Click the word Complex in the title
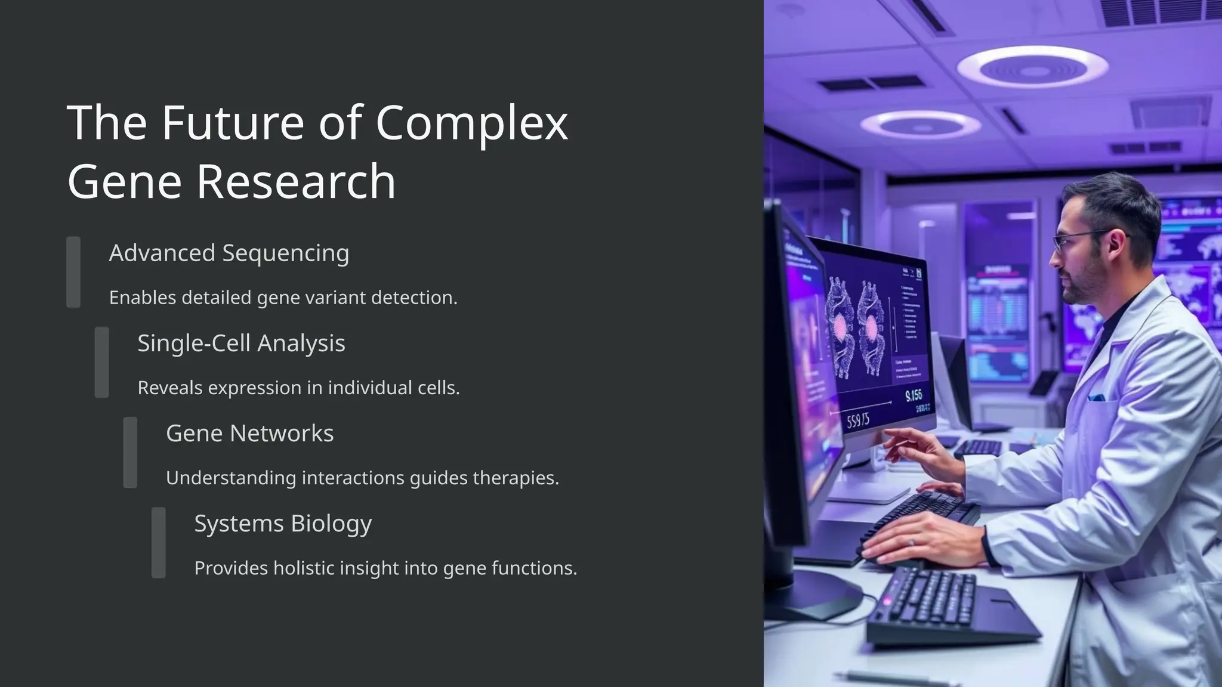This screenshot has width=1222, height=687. tap(471, 123)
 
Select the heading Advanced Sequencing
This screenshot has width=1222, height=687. tap(229, 253)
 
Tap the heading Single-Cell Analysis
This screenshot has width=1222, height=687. tap(241, 343)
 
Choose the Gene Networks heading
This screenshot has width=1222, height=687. tap(249, 433)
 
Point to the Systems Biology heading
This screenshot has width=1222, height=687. tap(283, 523)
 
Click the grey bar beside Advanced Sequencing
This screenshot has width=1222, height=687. tap(73, 272)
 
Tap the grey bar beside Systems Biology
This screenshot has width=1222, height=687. tap(159, 542)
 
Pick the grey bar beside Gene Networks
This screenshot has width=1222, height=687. tap(130, 452)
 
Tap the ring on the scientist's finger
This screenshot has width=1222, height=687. tap(911, 542)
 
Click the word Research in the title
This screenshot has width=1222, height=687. tap(296, 181)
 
